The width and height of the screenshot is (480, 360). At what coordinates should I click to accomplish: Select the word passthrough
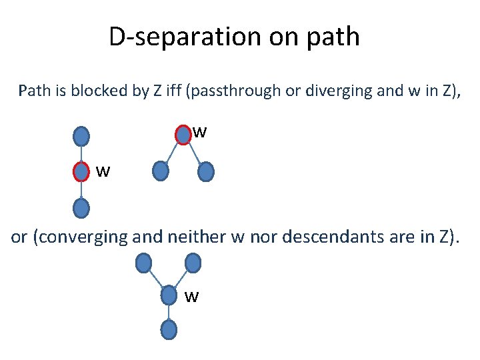point(237,91)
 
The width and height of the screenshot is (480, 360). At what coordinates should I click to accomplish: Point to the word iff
point(175,91)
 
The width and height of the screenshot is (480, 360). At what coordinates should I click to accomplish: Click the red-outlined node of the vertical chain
point(81,173)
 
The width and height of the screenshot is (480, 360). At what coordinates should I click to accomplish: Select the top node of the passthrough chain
point(81,137)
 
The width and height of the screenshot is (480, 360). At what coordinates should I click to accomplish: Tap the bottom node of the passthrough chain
point(81,209)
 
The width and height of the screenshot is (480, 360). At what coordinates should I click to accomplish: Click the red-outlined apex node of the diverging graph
point(183,135)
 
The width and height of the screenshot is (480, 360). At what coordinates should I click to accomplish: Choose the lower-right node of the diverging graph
point(206,173)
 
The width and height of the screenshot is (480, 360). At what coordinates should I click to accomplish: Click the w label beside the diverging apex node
point(200,133)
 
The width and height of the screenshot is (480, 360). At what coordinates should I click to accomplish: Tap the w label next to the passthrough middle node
point(102,173)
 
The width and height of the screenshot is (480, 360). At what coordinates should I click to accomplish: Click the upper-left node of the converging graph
point(143,264)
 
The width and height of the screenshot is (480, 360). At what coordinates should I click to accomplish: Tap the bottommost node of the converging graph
point(169,329)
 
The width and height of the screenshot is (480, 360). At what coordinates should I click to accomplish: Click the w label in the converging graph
point(191,297)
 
